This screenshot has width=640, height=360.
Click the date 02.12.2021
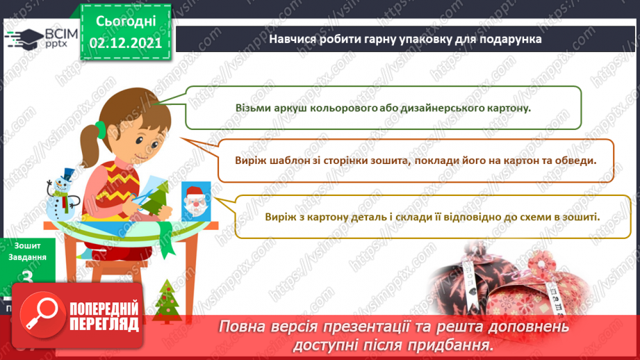point(125,42)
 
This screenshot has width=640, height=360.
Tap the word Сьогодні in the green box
point(125,20)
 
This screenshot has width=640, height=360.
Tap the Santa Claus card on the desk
point(197,201)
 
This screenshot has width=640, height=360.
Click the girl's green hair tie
point(100,126)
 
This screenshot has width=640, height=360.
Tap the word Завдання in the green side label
point(28,256)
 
